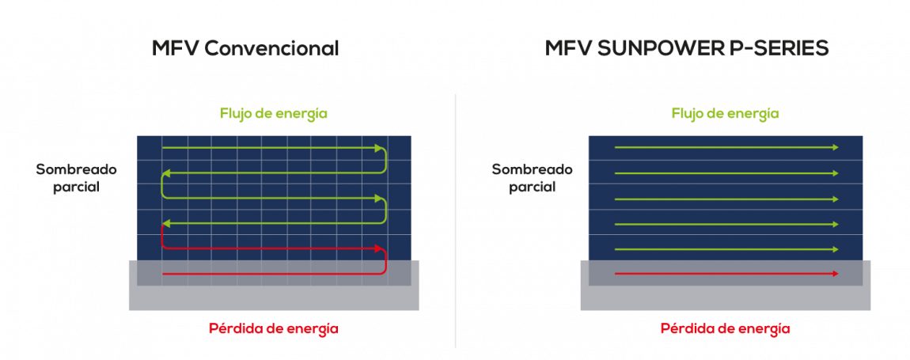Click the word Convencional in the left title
pos(271,49)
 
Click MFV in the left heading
pos(176,49)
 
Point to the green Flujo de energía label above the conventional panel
pos(273,113)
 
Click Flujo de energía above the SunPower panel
pos(726,113)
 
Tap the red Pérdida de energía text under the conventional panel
pos(273,328)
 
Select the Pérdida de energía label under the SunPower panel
pos(726,328)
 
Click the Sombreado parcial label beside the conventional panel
pos(77,178)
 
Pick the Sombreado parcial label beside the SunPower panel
pos(533,178)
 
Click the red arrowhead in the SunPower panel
pos(836,274)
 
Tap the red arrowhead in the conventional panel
pos(379,248)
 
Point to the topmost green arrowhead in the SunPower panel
pos(836,147)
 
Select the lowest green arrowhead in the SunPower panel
pos(836,249)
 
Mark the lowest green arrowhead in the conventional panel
pos(165,223)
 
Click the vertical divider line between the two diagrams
pos(455,221)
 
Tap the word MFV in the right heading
pos(568,49)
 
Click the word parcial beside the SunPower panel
pos(533,188)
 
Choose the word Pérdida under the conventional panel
pos(234,328)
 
